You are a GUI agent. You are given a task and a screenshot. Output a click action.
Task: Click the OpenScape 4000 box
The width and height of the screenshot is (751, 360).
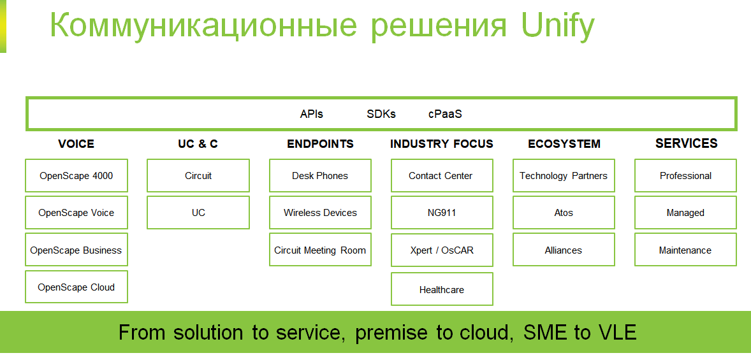coord(77,176)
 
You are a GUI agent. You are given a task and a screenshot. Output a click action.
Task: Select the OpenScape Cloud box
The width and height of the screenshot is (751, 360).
coord(77,287)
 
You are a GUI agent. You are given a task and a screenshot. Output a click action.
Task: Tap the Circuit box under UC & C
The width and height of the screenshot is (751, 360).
coord(198,176)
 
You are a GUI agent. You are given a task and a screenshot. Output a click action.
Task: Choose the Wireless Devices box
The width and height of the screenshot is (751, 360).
coord(320,213)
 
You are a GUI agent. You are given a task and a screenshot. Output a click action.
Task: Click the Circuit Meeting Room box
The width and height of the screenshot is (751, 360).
coord(320,250)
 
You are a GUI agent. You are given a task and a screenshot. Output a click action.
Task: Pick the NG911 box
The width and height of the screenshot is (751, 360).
coord(442,213)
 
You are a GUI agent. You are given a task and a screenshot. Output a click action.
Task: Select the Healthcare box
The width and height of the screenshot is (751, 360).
coord(442,289)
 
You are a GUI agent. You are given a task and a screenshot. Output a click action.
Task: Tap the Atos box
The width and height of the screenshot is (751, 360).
coord(564,213)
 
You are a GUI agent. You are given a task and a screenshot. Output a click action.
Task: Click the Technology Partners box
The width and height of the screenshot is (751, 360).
coord(564,176)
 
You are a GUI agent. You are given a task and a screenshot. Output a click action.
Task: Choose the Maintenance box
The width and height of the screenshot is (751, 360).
coord(685,250)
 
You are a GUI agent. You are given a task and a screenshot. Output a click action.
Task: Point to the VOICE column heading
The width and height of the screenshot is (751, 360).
coord(76,143)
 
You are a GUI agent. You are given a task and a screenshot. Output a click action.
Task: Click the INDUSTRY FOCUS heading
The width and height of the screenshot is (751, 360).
coord(442,143)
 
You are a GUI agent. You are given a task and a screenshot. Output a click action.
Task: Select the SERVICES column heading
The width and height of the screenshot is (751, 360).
coord(687,143)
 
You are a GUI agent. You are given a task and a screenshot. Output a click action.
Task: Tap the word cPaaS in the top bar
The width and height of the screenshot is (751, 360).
coord(445,114)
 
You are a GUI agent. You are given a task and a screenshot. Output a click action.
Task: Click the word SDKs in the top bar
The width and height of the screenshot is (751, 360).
coord(381,114)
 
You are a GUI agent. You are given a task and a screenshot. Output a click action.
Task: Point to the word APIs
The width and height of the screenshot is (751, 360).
coord(311,114)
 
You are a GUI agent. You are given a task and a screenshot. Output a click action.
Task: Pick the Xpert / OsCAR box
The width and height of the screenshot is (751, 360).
coord(442,250)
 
